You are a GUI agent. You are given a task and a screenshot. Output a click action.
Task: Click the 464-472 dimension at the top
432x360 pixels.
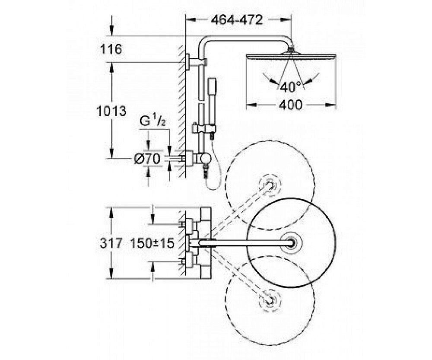[x=237, y=20]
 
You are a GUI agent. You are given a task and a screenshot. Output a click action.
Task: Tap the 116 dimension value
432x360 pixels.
[x=111, y=50]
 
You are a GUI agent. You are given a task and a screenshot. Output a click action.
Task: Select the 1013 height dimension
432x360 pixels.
[x=111, y=111]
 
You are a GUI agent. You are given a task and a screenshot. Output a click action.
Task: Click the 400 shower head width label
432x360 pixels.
[x=291, y=105]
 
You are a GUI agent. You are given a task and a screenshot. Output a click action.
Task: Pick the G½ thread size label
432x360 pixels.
[x=153, y=121]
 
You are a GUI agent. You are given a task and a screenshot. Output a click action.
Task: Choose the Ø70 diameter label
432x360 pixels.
[x=147, y=159]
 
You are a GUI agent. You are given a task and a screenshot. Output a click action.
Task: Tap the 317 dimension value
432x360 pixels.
[x=111, y=243]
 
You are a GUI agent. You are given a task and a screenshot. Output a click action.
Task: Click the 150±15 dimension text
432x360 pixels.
[x=152, y=243]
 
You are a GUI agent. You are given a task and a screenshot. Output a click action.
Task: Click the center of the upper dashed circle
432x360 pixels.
[x=270, y=185]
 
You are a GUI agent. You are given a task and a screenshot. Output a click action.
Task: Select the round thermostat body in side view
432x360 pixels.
[x=205, y=159]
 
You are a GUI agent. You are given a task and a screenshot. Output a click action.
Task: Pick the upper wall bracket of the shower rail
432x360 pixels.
[x=197, y=61]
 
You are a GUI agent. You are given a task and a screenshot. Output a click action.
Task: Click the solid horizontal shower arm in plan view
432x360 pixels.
[x=245, y=243]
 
